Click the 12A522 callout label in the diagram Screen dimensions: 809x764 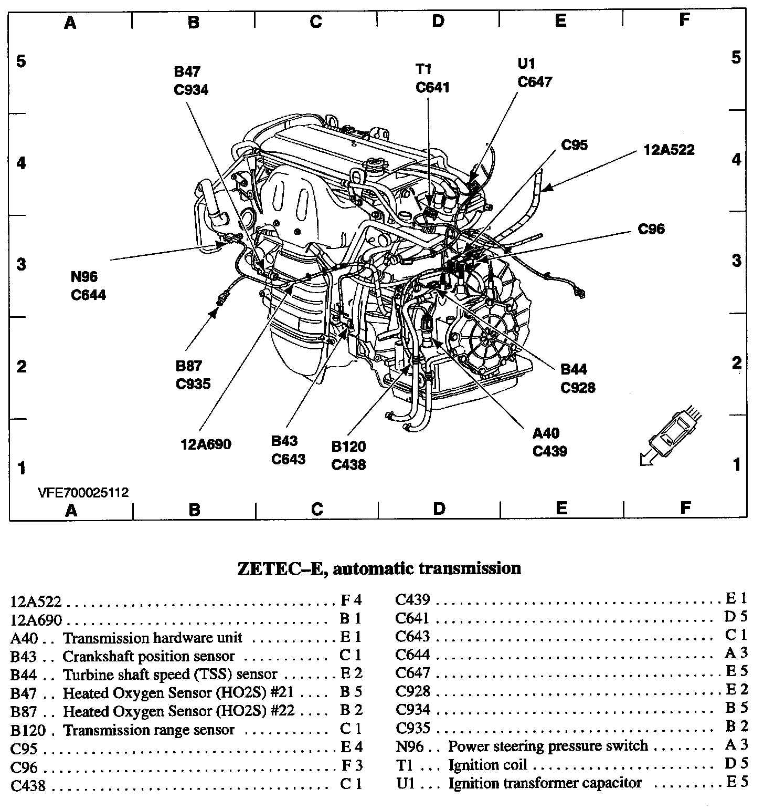pyautogui.click(x=669, y=150)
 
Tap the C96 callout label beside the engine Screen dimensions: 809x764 pyautogui.click(x=651, y=229)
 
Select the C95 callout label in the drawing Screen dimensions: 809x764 pyautogui.click(x=575, y=145)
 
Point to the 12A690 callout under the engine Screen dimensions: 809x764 pyautogui.click(x=206, y=444)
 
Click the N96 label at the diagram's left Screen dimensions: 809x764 pyautogui.click(x=84, y=276)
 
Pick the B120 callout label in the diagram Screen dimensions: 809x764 pyautogui.click(x=349, y=447)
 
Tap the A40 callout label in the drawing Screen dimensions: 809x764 pyautogui.click(x=546, y=434)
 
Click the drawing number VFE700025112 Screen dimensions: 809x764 pyautogui.click(x=83, y=493)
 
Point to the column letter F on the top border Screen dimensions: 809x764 pyautogui.click(x=684, y=20)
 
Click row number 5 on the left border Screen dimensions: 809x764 pyautogui.click(x=21, y=61)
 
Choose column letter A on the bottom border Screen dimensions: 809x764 pyautogui.click(x=71, y=509)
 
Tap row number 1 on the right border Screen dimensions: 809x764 pyautogui.click(x=737, y=465)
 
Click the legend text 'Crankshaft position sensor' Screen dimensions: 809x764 pyautogui.click(x=148, y=656)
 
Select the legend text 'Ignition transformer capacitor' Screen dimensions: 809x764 pyautogui.click(x=545, y=783)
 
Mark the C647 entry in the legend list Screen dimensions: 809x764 pyautogui.click(x=412, y=673)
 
